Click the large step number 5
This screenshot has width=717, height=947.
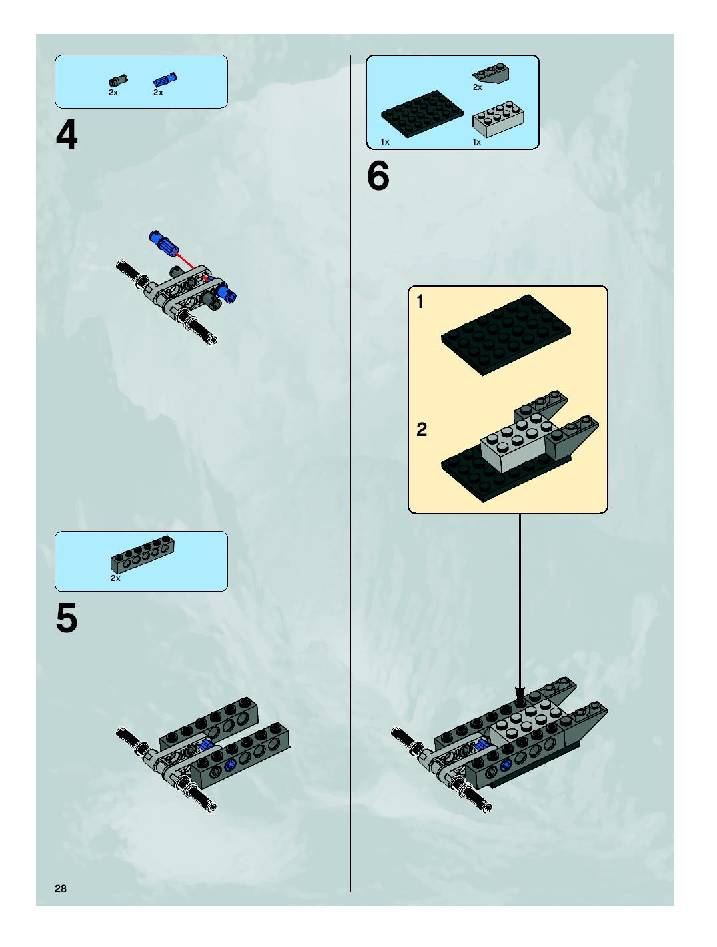click(67, 617)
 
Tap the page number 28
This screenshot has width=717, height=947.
click(61, 889)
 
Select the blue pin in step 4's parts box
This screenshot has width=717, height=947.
click(165, 79)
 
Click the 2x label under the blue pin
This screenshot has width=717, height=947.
click(158, 93)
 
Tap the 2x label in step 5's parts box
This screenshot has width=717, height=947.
click(115, 578)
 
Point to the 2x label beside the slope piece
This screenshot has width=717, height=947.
click(477, 87)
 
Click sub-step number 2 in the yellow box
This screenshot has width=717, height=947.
click(422, 430)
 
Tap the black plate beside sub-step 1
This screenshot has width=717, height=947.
click(507, 335)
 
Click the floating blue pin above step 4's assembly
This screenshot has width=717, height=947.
click(162, 242)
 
